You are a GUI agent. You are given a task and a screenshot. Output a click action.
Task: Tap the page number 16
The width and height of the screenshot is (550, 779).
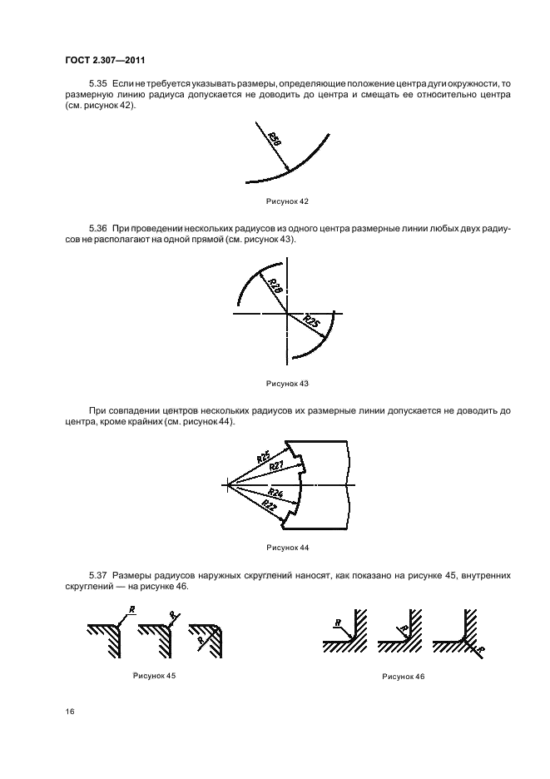pyautogui.click(x=70, y=712)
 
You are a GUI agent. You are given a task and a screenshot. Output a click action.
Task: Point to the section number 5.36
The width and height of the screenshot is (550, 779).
pyautogui.click(x=97, y=227)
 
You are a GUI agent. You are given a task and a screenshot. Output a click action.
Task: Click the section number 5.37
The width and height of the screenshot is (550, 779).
pyautogui.click(x=97, y=575)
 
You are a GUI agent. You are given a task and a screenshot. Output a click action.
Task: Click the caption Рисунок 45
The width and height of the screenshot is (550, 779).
pyautogui.click(x=154, y=675)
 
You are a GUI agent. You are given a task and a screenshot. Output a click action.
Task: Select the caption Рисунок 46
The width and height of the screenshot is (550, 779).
pyautogui.click(x=404, y=677)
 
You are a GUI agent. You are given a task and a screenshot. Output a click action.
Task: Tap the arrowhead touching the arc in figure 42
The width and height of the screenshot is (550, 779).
pyautogui.click(x=288, y=170)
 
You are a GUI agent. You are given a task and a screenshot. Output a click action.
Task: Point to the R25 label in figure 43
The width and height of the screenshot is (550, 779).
pyautogui.click(x=310, y=321)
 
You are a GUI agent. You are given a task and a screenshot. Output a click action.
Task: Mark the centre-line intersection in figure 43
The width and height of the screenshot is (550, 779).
pyautogui.click(x=287, y=313)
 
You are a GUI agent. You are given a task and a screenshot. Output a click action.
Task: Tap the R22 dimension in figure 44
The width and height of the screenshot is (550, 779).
pyautogui.click(x=268, y=506)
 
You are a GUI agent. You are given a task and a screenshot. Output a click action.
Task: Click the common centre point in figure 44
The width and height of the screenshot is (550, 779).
pyautogui.click(x=226, y=484)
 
